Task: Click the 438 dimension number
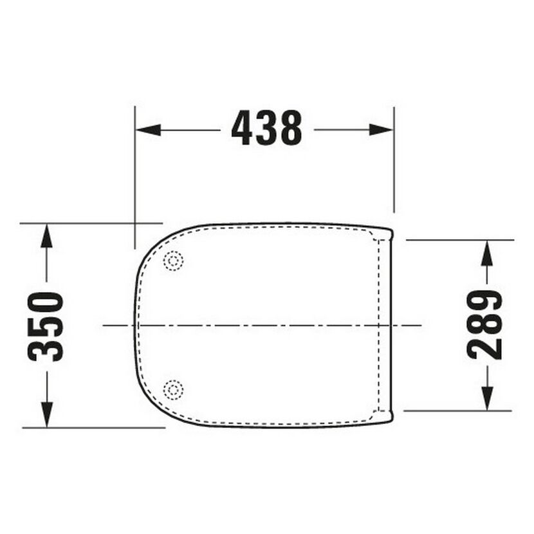[x=266, y=128]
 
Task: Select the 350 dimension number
[x=45, y=327]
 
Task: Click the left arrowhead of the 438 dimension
[x=149, y=130]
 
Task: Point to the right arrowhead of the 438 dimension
[x=381, y=130]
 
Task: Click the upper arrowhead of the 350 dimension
[x=46, y=235]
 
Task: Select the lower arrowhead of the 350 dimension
[x=47, y=414]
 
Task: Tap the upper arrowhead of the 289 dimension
[x=487, y=253]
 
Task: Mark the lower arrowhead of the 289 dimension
[x=488, y=398]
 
